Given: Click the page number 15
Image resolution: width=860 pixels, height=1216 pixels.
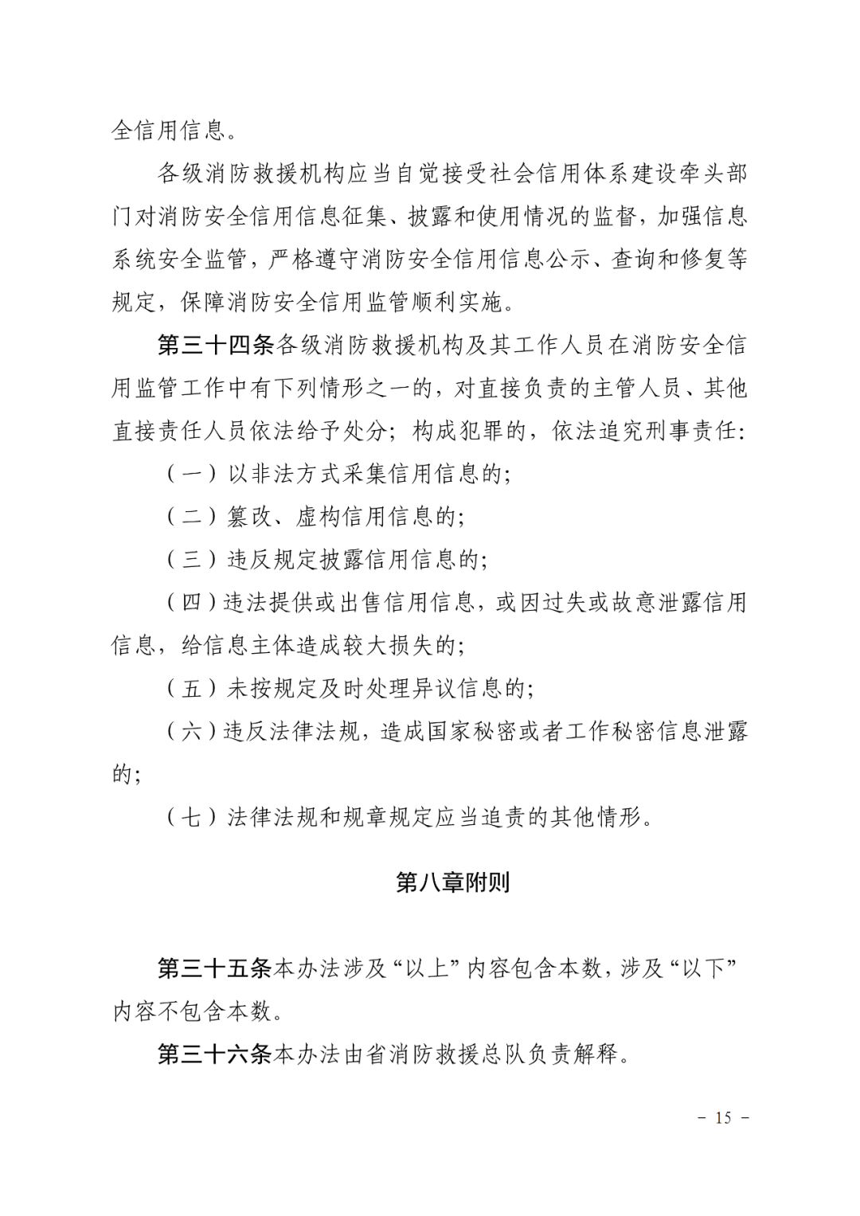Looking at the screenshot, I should coord(723,1117).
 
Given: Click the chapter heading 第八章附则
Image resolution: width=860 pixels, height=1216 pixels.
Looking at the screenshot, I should coord(452,882).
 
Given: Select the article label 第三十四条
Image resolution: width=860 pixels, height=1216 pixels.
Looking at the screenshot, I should coord(215,345).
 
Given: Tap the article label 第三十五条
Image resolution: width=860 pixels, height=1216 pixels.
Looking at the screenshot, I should coord(215,968).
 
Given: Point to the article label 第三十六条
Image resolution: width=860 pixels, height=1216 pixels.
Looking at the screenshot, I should coord(215,1054).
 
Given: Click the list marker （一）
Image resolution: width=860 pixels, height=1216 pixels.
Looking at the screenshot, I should coord(192,474).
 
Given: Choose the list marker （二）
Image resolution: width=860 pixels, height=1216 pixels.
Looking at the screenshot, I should coord(192,517).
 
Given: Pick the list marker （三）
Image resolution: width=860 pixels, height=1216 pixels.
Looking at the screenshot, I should coord(192,560).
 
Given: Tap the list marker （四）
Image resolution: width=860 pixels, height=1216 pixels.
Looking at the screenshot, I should coord(192,603).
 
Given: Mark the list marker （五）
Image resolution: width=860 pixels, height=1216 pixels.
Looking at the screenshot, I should coord(192,688).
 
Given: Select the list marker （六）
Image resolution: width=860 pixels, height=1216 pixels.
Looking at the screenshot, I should coord(192,731).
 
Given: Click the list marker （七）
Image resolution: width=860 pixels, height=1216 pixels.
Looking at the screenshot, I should coord(192,817).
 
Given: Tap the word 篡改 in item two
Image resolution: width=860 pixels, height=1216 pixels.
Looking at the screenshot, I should coord(250,517).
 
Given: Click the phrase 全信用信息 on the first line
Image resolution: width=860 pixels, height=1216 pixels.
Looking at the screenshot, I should coord(168,130).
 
